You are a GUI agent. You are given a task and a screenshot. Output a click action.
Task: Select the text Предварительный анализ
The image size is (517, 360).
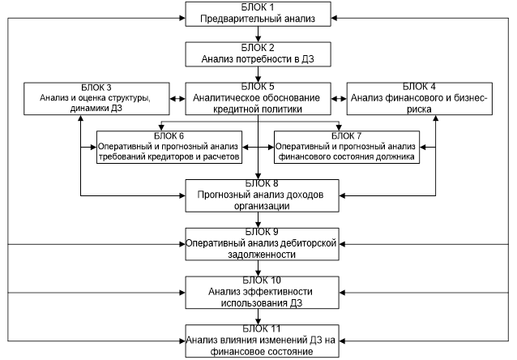pyautogui.click(x=258, y=17)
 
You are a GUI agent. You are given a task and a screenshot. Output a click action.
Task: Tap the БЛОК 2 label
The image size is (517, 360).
pyautogui.click(x=258, y=46)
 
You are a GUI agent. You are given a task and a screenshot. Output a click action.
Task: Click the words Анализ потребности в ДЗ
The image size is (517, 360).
pyautogui.click(x=258, y=58)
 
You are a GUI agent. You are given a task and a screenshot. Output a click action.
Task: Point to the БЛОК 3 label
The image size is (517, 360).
pyautogui.click(x=97, y=86)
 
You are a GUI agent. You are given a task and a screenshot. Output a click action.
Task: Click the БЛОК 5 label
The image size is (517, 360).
pyautogui.click(x=258, y=86)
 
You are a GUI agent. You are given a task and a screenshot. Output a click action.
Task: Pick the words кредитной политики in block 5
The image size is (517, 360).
pyautogui.click(x=258, y=108)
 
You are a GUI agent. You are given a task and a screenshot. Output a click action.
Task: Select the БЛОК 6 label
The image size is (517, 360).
pyautogui.click(x=168, y=135)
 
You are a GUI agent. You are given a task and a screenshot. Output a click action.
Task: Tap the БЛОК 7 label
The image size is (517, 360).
pyautogui.click(x=347, y=135)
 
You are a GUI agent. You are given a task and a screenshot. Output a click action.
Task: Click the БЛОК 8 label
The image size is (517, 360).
pyautogui.click(x=258, y=183)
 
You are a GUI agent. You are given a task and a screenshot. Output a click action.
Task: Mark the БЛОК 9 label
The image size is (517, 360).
pyautogui.click(x=258, y=231)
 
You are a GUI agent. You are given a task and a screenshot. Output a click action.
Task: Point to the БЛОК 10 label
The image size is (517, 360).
pyautogui.click(x=258, y=280)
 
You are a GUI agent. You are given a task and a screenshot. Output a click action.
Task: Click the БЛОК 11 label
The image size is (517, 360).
pyautogui.click(x=258, y=329)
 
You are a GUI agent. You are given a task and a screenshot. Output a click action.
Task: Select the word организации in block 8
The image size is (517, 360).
pyautogui.click(x=258, y=206)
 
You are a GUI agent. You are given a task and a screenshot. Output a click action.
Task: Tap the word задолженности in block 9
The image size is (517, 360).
pyautogui.click(x=258, y=254)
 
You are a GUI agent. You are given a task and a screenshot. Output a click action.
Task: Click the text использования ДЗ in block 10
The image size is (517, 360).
pyautogui.click(x=258, y=302)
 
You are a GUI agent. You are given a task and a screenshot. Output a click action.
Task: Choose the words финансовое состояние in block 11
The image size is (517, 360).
pyautogui.click(x=258, y=351)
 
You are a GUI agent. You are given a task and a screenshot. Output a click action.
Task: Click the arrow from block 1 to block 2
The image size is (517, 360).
pyautogui.click(x=258, y=32)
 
